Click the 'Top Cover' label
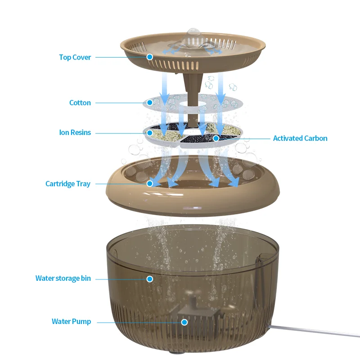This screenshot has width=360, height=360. (75, 57)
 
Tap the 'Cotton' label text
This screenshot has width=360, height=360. (80, 103)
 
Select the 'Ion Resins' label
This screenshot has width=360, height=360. (75, 133)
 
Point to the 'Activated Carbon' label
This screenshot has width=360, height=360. (300, 138)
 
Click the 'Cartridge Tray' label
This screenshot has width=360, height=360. (68, 184)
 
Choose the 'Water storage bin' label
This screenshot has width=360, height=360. (63, 279)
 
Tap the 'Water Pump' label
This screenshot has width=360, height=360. (71, 322)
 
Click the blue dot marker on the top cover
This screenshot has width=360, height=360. (150, 57)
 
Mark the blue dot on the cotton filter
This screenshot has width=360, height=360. (150, 103)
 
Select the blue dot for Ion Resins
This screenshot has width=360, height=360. (150, 133)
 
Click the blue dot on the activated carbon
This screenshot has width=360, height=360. (216, 138)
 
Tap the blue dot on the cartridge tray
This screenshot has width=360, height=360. (150, 184)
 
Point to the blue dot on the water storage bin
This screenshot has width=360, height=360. (150, 279)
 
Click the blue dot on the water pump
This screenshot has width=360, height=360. (184, 322)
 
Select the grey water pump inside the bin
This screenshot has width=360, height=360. (196, 315)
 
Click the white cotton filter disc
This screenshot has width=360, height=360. (229, 103)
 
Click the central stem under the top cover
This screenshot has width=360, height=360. (191, 90)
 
